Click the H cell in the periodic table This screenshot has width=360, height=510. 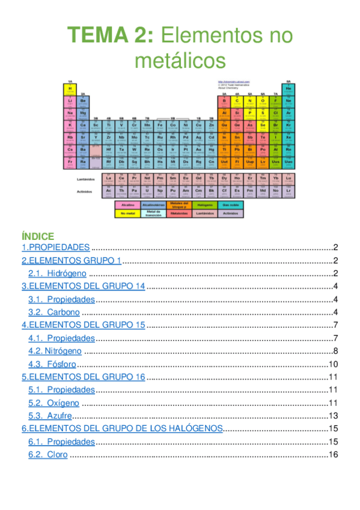[x=70, y=89]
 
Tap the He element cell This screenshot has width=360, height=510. [x=288, y=89]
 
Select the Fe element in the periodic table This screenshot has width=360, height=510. [x=160, y=126]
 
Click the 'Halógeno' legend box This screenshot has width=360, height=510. [x=205, y=204]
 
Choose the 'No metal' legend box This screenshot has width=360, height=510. [x=127, y=214]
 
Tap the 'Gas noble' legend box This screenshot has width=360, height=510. [x=230, y=204]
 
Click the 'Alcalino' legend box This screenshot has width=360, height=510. [x=127, y=204]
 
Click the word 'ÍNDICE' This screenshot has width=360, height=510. [x=38, y=236]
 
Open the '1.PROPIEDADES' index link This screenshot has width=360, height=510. [x=56, y=247]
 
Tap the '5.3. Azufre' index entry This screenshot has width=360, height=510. [x=50, y=416]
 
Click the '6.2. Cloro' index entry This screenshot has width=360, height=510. [x=49, y=455]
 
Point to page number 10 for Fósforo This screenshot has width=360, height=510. [x=334, y=364]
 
